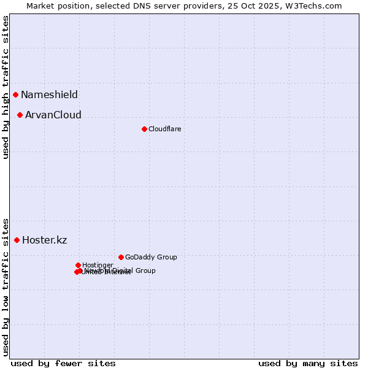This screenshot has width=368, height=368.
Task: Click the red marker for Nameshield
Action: pyautogui.click(x=15, y=94)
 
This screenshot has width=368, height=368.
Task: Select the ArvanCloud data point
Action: pyautogui.click(x=20, y=115)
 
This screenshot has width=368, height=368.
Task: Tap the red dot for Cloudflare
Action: pyautogui.click(x=144, y=129)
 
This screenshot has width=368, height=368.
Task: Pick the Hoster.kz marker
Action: pyautogui.click(x=17, y=240)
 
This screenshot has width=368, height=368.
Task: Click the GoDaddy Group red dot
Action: pyautogui.click(x=121, y=257)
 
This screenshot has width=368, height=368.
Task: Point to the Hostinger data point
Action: pyautogui.click(x=78, y=265)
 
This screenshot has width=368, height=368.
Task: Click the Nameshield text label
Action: pyautogui.click(x=49, y=94)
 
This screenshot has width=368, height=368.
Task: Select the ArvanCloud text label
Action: pyautogui.click(x=53, y=115)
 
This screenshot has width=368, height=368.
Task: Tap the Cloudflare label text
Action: pyautogui.click(x=164, y=129)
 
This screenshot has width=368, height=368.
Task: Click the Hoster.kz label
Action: pyautogui.click(x=44, y=240)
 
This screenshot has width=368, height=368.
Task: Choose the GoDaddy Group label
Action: pyautogui.click(x=151, y=257)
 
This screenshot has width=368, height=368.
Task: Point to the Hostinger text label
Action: pyautogui.click(x=98, y=265)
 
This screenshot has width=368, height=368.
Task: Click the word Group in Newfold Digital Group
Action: pyautogui.click(x=145, y=270)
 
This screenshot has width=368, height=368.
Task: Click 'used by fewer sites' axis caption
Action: pyautogui.click(x=63, y=363)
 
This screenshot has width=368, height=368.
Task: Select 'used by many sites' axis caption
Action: pyautogui.click(x=308, y=363)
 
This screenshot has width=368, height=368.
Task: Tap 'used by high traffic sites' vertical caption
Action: pyautogui.click(x=6, y=87)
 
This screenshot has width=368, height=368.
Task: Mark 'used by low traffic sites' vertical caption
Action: pyautogui.click(x=6, y=286)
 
